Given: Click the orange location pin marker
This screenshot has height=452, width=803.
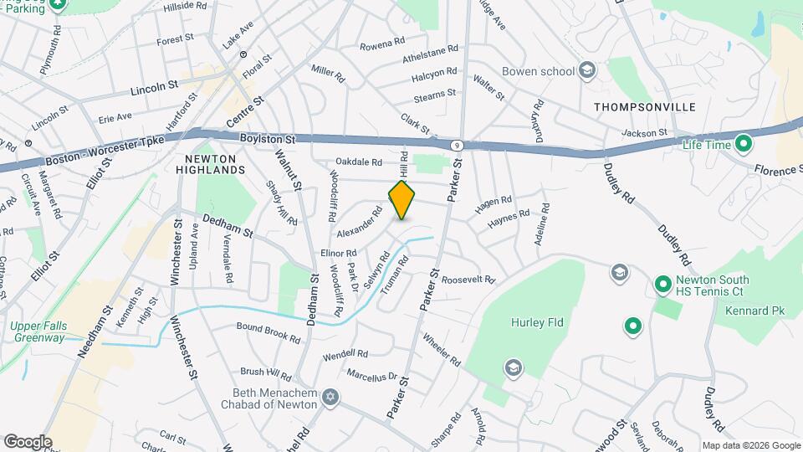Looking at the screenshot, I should (x=402, y=201).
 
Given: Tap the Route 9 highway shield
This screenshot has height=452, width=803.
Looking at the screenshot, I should (x=457, y=145).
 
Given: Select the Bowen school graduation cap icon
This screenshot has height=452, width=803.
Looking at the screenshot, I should (x=587, y=70).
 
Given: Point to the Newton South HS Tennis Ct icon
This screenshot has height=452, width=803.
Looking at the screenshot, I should (x=662, y=285).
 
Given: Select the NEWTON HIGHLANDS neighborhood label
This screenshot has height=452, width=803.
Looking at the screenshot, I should (x=211, y=163).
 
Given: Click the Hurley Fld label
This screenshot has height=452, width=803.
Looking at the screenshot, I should (x=534, y=322).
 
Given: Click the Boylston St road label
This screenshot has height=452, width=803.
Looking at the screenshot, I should (x=268, y=139).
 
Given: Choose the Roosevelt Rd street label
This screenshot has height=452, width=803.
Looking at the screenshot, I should (x=468, y=280).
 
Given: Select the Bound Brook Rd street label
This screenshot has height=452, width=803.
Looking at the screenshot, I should (x=268, y=332).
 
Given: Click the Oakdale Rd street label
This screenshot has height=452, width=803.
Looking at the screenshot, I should (x=359, y=162).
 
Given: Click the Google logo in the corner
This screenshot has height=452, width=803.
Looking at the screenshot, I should (x=27, y=442).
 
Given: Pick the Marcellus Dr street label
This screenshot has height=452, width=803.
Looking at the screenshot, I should (x=371, y=376).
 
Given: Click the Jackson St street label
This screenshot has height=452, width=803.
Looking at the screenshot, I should (x=645, y=132).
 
